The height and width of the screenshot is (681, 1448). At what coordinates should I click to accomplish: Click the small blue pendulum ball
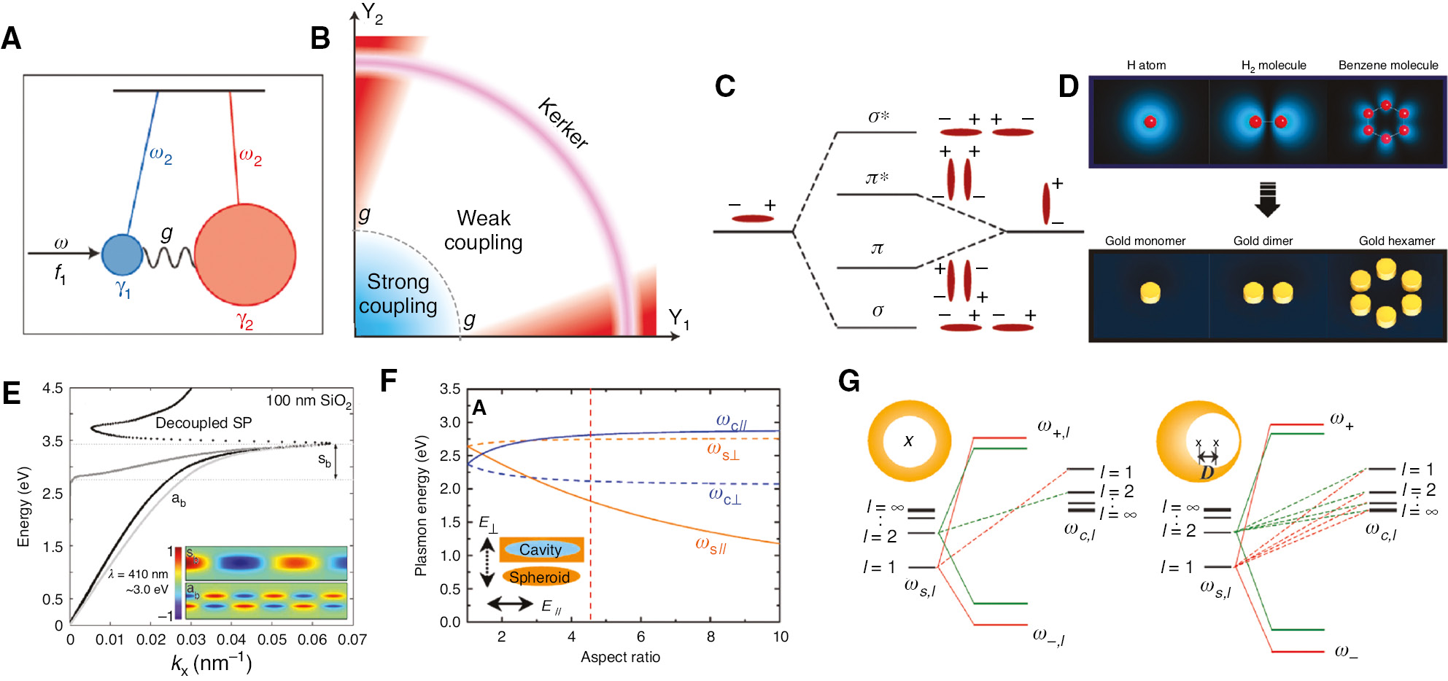point(122,254)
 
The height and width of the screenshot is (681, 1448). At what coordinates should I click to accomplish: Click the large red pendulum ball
point(245,254)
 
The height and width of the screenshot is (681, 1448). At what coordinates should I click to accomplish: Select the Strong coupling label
point(398,294)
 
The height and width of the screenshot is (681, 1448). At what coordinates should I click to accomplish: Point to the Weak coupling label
point(483,230)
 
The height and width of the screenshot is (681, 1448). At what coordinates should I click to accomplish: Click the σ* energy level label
point(878,117)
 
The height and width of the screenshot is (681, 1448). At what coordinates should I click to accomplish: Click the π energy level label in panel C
point(877,249)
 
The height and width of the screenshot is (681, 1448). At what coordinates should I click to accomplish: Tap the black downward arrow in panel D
point(1268,199)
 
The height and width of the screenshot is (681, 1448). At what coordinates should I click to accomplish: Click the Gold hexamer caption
point(1396,241)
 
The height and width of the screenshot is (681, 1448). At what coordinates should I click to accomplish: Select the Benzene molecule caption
point(1387,65)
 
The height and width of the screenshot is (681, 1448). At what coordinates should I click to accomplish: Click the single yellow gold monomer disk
point(1150,293)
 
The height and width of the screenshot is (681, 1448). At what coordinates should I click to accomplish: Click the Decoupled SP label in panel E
point(204,423)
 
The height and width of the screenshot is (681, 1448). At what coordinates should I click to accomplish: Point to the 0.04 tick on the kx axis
point(231,639)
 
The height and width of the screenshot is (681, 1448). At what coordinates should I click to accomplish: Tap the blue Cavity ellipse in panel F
point(541,550)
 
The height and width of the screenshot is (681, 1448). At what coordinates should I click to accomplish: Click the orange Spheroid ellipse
point(540,577)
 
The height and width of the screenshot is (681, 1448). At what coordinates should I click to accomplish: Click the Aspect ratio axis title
point(620,657)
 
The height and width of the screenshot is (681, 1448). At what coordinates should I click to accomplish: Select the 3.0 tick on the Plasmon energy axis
point(449,422)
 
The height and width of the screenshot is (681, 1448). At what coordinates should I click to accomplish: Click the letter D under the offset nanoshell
point(1207,473)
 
